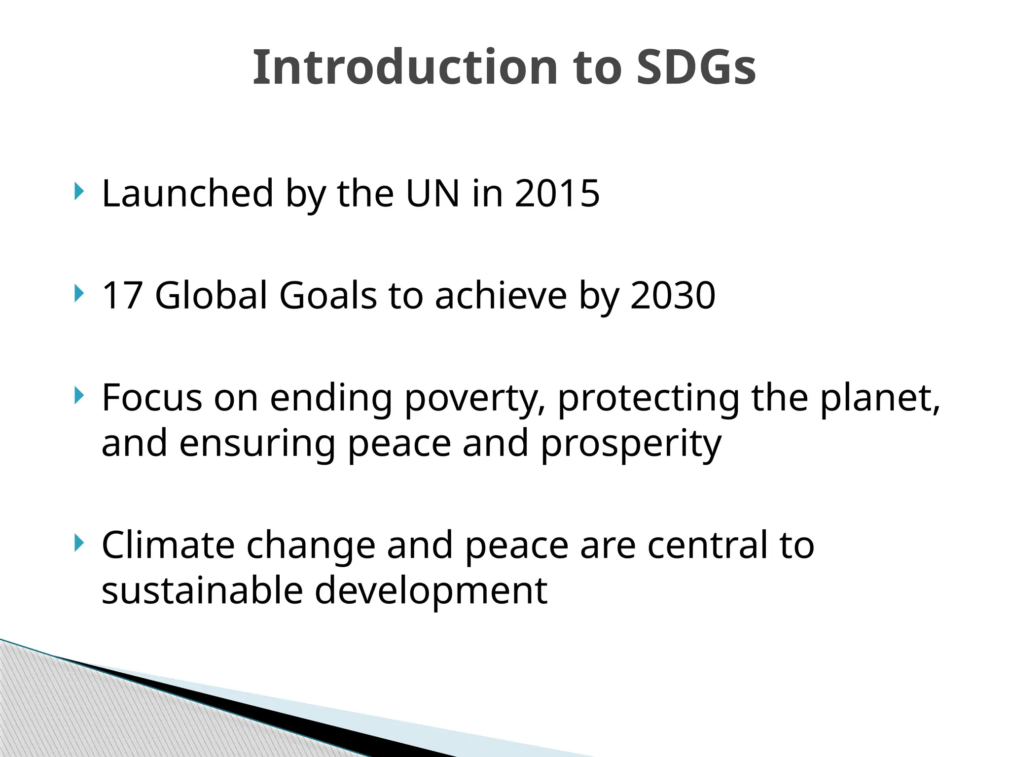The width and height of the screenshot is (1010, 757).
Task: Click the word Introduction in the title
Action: click(x=405, y=68)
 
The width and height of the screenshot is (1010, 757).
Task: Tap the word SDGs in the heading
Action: click(x=696, y=68)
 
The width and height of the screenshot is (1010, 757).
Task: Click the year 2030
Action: click(x=673, y=295)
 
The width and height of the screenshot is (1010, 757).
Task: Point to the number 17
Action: click(x=122, y=295)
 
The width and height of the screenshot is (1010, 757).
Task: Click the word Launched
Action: click(x=187, y=193)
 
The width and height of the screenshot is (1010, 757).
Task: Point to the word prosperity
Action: click(x=631, y=444)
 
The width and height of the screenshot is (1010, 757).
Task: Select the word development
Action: click(x=431, y=591)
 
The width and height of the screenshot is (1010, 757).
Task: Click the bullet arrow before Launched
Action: click(x=78, y=191)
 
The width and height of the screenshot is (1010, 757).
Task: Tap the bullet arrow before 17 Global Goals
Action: click(x=78, y=293)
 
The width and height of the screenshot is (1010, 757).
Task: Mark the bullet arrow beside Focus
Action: click(x=78, y=395)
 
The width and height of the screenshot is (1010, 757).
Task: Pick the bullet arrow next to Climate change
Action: click(x=78, y=543)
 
